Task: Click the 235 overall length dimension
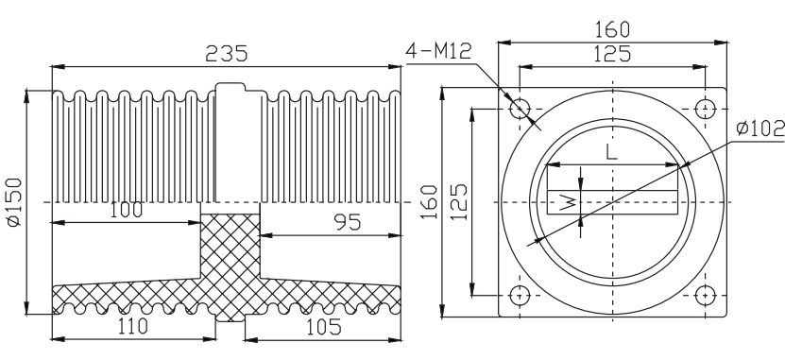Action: [227, 54]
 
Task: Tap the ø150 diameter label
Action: [15, 202]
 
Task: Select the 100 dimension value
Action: [126, 211]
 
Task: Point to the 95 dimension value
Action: [348, 223]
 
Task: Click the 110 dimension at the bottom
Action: [132, 326]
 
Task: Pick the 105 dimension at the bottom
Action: [323, 327]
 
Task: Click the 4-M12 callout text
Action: [438, 51]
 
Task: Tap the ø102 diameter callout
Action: [760, 129]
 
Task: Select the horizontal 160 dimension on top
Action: [612, 30]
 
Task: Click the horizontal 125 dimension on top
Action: [612, 54]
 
